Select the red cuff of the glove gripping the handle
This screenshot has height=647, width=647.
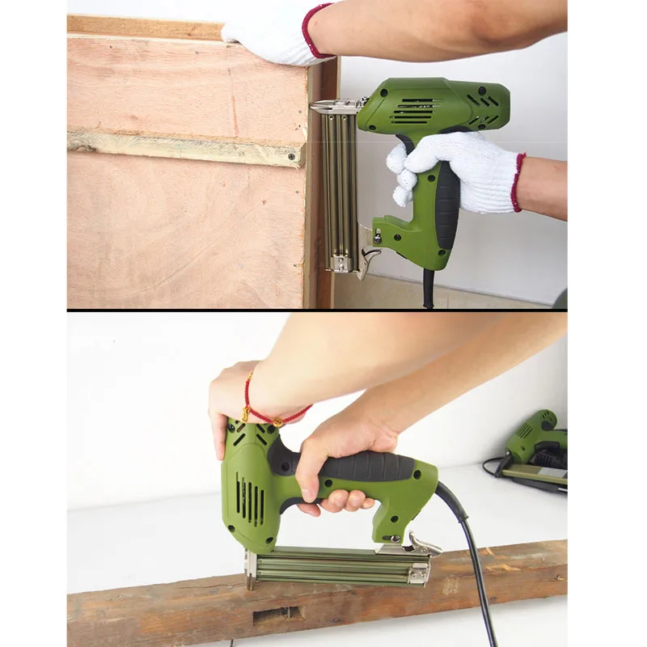click(x=517, y=182)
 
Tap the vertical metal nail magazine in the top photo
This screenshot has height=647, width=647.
click(x=339, y=190)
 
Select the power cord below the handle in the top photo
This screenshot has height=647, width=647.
click(x=427, y=288)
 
